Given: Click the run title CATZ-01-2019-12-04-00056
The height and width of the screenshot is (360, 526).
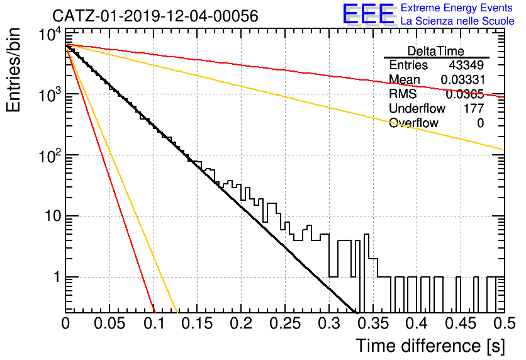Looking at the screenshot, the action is (x=155, y=16).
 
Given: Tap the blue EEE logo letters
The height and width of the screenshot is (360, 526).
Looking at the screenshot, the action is (x=368, y=14).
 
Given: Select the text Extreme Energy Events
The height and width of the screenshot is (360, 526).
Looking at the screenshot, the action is (x=457, y=8).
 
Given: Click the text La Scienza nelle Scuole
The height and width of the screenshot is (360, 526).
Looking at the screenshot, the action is (x=457, y=21).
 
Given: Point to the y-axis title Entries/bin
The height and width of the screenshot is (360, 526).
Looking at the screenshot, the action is (x=13, y=70).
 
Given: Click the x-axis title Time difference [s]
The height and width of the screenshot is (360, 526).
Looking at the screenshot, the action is (x=430, y=346).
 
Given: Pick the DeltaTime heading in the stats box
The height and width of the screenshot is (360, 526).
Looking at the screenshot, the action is (x=436, y=51).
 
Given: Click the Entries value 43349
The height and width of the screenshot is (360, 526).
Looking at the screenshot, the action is (x=467, y=65).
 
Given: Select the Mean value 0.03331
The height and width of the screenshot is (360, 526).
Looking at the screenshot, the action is (x=463, y=79).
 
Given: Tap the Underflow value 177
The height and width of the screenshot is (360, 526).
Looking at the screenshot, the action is (x=474, y=108).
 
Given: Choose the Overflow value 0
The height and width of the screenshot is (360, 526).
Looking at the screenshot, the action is (x=480, y=123).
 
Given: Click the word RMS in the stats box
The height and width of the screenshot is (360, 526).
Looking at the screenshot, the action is (x=403, y=94).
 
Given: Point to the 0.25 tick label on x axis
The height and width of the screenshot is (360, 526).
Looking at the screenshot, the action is (x=285, y=323).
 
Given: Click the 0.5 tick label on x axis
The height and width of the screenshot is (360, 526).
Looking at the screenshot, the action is (x=505, y=323).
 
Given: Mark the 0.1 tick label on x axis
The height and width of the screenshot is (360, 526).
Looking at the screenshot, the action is (x=154, y=323).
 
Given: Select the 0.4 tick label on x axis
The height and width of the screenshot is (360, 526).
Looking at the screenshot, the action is (x=417, y=323).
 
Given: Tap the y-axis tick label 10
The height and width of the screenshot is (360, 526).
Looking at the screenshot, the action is (x=53, y=216).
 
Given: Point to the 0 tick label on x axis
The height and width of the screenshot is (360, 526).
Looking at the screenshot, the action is (x=65, y=323).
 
